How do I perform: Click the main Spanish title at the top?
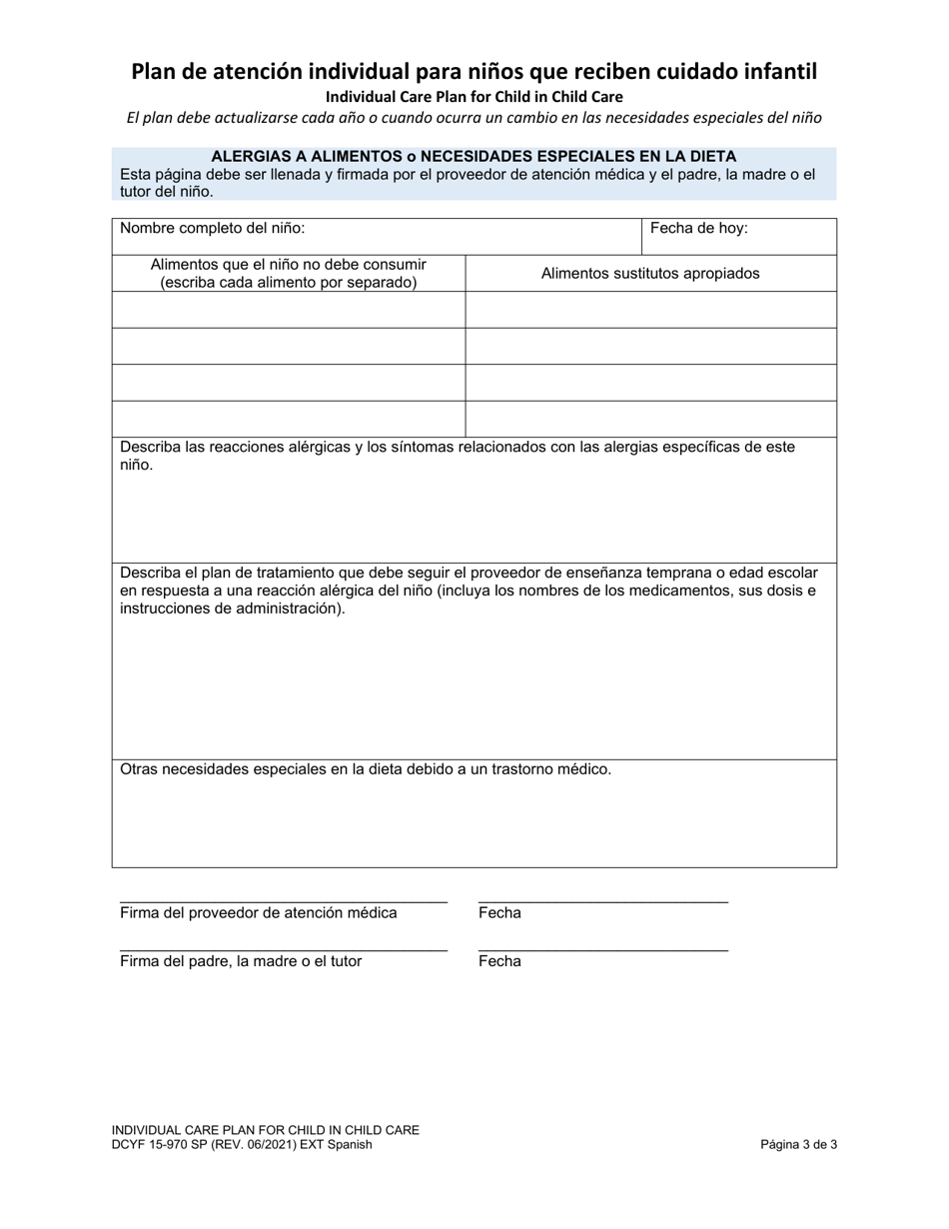(x=474, y=72)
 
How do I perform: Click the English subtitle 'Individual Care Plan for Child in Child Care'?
(x=474, y=97)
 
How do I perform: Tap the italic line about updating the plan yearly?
(x=474, y=117)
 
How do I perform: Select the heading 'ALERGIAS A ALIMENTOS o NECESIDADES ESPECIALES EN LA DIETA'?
(x=474, y=156)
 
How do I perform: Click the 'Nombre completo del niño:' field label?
(x=213, y=228)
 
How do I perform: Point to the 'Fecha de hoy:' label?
(x=698, y=228)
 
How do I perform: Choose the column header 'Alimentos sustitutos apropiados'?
(x=650, y=273)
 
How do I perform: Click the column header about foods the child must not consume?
(x=288, y=273)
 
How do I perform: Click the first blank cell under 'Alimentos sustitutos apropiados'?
(x=650, y=310)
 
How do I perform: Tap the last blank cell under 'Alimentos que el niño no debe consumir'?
(x=288, y=419)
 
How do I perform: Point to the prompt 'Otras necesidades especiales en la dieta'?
(x=366, y=769)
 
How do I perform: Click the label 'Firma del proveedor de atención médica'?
(x=259, y=912)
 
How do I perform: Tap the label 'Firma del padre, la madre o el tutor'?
(x=241, y=961)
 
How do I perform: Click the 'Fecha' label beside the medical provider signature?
(x=499, y=912)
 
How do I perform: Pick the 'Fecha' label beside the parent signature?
(x=499, y=961)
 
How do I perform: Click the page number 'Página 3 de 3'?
(x=798, y=1145)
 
